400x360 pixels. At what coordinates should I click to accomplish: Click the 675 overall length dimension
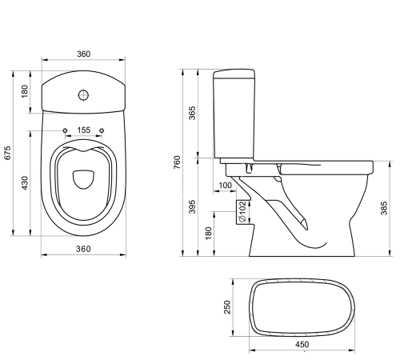click(x=7, y=154)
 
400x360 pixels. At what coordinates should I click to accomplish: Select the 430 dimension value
click(x=25, y=183)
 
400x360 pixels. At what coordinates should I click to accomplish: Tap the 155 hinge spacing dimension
click(x=83, y=130)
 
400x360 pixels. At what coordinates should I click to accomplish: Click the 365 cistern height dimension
click(x=192, y=114)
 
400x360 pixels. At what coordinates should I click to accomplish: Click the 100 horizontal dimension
click(x=226, y=186)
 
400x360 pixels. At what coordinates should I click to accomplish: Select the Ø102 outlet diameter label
click(x=240, y=211)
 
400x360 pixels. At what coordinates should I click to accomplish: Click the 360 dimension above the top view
click(x=83, y=54)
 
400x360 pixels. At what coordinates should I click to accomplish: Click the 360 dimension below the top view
click(x=83, y=249)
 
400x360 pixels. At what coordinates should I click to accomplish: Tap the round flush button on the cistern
click(x=83, y=96)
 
